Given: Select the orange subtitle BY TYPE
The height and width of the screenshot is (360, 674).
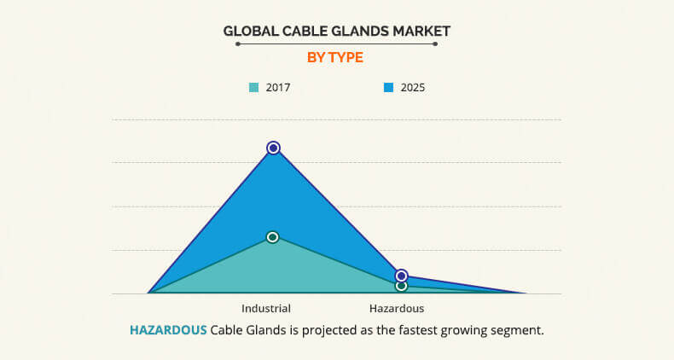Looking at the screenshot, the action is pos(335,57).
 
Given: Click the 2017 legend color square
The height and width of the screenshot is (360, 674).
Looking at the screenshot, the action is pos(254,88).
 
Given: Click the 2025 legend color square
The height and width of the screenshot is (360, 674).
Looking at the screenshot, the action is pos(388,88).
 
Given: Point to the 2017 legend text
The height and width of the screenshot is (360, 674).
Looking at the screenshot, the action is pos(278,88).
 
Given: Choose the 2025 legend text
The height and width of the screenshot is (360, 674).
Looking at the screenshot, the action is pos(413,88).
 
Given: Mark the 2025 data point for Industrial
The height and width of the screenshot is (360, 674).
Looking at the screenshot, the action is pos(273,148).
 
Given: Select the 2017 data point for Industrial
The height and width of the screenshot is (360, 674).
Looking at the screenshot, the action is pos(272,237).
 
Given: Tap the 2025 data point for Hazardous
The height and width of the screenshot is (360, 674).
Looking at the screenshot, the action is pos(401,276).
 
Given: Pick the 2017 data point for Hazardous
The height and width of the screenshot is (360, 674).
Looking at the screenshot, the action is pos(401,286).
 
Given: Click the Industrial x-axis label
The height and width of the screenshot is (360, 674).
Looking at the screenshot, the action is pos(266,309).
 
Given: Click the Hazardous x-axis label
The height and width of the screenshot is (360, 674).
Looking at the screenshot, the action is pos(397,309).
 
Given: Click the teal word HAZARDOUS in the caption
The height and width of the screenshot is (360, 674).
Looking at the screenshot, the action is pos(168,330).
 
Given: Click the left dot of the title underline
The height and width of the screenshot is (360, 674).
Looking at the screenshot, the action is pos(238,44).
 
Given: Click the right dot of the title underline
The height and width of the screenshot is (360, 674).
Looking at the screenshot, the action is pos(435,44).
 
